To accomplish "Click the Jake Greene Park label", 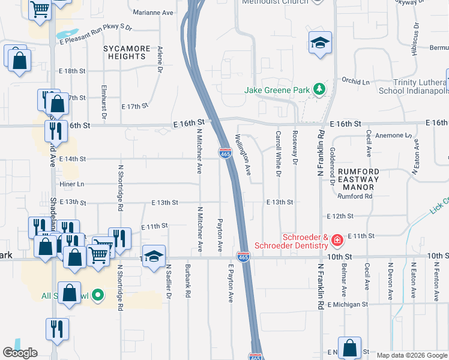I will click(x=277, y=91).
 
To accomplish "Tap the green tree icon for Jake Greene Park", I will click(x=320, y=90).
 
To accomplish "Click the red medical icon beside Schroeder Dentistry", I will click(x=337, y=241).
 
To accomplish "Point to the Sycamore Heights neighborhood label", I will click(x=124, y=52).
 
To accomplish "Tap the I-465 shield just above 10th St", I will click(x=243, y=256).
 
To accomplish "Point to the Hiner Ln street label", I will click(x=72, y=184).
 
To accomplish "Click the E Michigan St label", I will click(x=347, y=304).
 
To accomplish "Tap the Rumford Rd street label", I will click(x=355, y=196).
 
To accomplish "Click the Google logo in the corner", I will click(x=20, y=353).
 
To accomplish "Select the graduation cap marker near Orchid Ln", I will click(x=320, y=43).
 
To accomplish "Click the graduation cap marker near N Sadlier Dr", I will click(x=153, y=256).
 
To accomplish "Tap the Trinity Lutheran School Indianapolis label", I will click(x=414, y=86).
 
